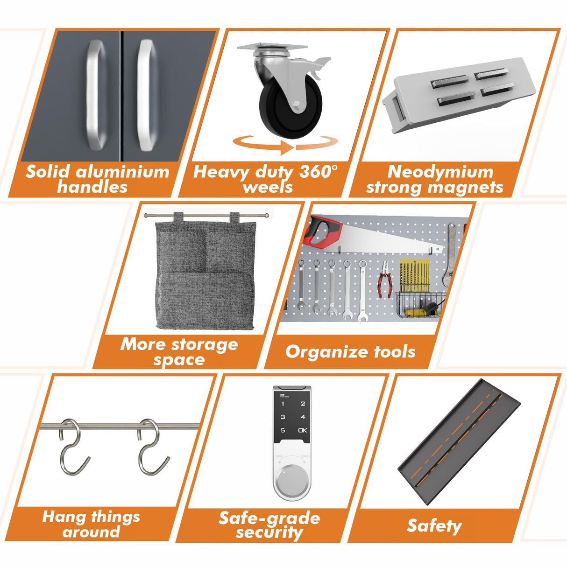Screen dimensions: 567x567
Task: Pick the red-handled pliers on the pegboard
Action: click(385, 279)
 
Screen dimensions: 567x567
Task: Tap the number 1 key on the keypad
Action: click(283, 404)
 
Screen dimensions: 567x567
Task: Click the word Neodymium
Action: click(440, 171)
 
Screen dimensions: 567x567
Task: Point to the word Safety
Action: click(434, 526)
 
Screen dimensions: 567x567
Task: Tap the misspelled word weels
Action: click(268, 187)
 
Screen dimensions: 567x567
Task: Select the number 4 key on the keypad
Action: click(303, 417)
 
